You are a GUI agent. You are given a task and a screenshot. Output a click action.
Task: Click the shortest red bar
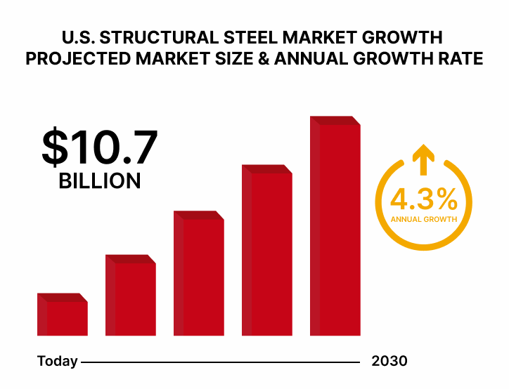[x=63, y=315]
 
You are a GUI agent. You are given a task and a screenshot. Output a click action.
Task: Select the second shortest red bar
[x=131, y=296]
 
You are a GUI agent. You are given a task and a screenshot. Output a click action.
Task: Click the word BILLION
[x=99, y=180]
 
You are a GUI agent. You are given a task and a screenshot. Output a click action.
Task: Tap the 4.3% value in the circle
[x=424, y=199]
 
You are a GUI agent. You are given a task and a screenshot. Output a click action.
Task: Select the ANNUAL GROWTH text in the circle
[x=424, y=219]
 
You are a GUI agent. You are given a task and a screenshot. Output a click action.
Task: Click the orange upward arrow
[x=423, y=159]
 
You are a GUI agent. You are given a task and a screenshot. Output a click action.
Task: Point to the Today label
[x=57, y=362]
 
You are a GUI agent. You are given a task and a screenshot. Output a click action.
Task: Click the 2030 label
[x=389, y=362]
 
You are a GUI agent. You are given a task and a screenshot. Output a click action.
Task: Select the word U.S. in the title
[x=79, y=37]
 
